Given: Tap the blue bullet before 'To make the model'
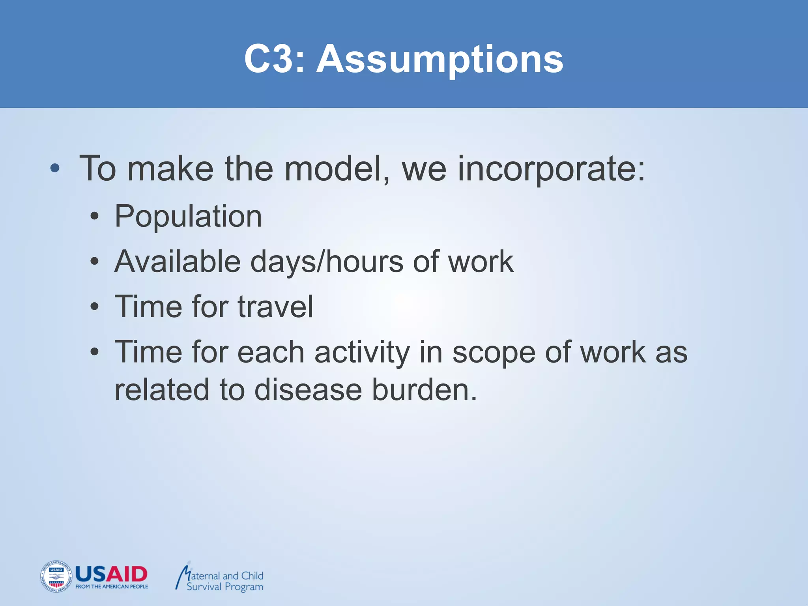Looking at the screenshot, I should coord(55,169).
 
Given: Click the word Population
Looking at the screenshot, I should coord(188,217).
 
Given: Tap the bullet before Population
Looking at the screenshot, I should coord(94,217).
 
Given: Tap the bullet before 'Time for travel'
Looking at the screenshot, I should coord(94,307).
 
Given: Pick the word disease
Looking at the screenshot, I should coord(308,390).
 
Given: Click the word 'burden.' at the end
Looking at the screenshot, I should coord(425,390).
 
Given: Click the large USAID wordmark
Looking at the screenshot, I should coord(111,574).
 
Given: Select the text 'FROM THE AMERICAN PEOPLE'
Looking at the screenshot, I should coord(112,587).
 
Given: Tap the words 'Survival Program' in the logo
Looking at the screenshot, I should coord(225,587).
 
